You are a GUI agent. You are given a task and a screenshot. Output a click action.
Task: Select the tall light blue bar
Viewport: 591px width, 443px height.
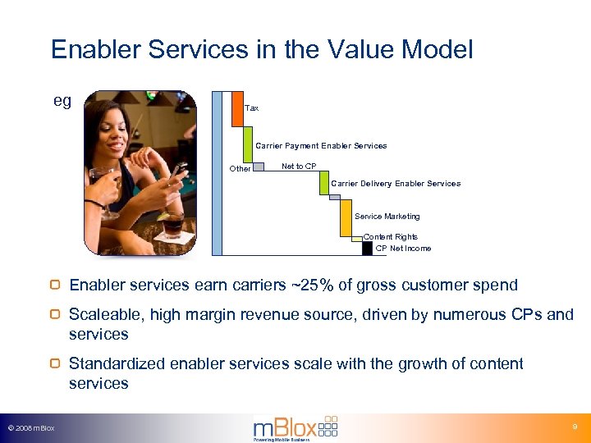tap(217, 172)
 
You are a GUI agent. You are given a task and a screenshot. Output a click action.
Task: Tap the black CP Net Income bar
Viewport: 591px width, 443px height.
tap(367, 248)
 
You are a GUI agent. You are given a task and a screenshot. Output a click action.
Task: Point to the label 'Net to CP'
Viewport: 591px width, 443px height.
tap(299, 167)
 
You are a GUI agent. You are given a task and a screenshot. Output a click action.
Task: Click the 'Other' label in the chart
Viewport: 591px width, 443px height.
tap(240, 169)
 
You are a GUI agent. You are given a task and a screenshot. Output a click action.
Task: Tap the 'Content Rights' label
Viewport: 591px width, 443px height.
tap(390, 237)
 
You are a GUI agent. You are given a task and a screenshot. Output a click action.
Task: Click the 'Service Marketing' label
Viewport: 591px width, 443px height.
tap(387, 217)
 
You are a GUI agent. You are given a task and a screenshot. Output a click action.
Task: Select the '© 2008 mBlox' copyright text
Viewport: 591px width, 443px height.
tap(30, 428)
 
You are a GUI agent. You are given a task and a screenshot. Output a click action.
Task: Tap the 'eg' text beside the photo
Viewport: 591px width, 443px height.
tap(62, 101)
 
